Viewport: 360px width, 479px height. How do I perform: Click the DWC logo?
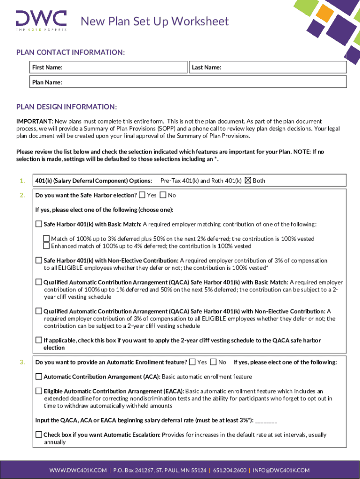pyautogui.click(x=41, y=20)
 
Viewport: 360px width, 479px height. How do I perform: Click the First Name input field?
pyautogui.click(x=124, y=67)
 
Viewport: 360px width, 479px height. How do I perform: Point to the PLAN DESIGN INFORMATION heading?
pyautogui.click(x=66, y=107)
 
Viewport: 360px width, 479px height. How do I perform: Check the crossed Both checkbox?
pyautogui.click(x=248, y=181)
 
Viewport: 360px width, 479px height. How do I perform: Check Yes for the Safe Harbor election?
pyautogui.click(x=142, y=195)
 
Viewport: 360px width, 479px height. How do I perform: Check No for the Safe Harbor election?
pyautogui.click(x=163, y=195)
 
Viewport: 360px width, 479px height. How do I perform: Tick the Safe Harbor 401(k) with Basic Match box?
pyautogui.click(x=39, y=224)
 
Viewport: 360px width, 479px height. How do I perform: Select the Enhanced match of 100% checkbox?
pyautogui.click(x=46, y=246)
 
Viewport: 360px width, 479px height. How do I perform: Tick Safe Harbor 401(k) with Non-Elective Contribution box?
pyautogui.click(x=39, y=260)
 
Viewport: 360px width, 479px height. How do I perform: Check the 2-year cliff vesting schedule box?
pyautogui.click(x=39, y=340)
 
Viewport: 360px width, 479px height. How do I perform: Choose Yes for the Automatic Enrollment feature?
pyautogui.click(x=193, y=362)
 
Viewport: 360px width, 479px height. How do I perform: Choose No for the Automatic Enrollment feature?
pyautogui.click(x=213, y=362)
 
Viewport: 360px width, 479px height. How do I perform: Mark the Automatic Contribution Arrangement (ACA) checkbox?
pyautogui.click(x=39, y=377)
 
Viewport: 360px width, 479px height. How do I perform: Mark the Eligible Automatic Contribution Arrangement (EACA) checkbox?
pyautogui.click(x=39, y=391)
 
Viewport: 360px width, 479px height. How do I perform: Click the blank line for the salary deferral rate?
pyautogui.click(x=266, y=421)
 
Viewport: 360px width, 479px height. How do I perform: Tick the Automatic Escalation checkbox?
pyautogui.click(x=39, y=435)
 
